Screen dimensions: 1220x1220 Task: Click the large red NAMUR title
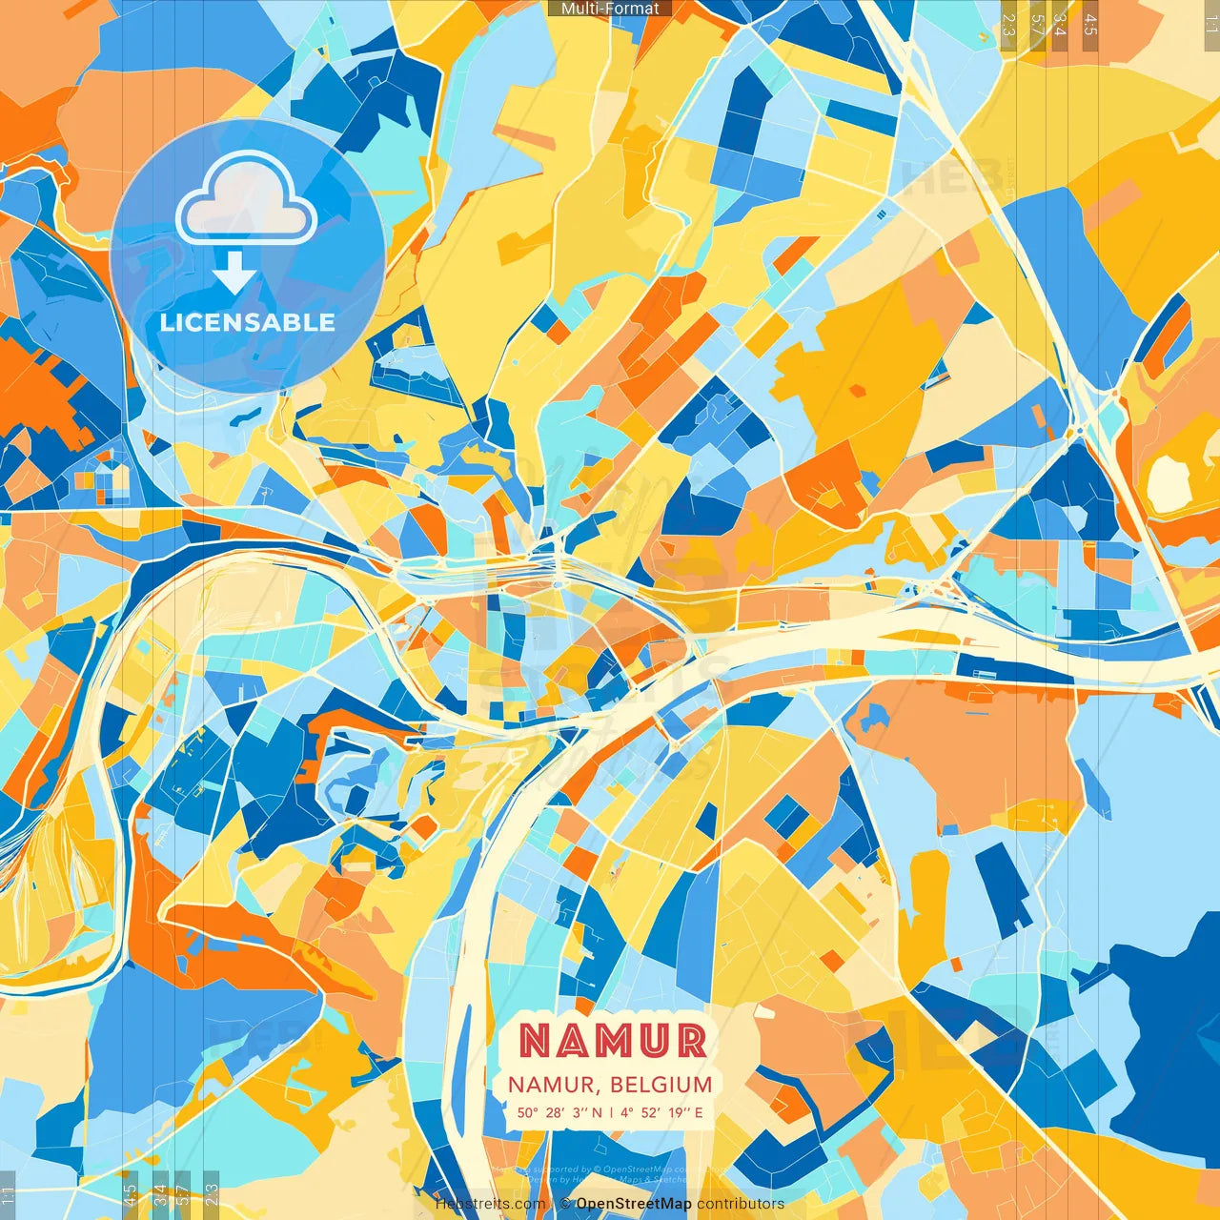(613, 1041)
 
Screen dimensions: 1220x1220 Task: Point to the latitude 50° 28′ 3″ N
(559, 1112)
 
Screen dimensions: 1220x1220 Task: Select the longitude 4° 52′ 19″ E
(661, 1112)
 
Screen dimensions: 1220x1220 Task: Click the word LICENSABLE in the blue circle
(248, 322)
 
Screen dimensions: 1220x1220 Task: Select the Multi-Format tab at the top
(610, 9)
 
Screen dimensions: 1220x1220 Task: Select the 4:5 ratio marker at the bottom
(130, 1194)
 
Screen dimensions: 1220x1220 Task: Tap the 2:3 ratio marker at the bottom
(212, 1194)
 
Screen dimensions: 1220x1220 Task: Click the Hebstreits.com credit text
(490, 1204)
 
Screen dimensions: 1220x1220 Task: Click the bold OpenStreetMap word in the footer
(634, 1204)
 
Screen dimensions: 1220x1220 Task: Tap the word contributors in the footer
(741, 1204)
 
